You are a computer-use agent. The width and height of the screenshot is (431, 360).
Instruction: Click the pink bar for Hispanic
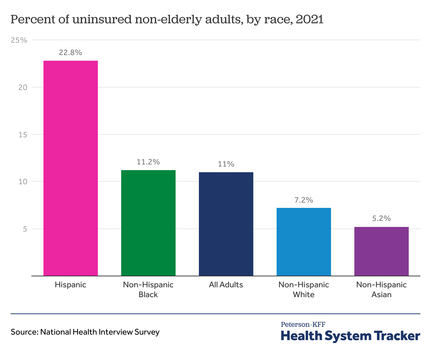pyautogui.click(x=71, y=168)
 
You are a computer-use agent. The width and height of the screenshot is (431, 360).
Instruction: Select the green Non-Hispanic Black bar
pyautogui.click(x=148, y=223)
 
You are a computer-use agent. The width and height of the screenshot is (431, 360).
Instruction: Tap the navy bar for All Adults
pyautogui.click(x=226, y=224)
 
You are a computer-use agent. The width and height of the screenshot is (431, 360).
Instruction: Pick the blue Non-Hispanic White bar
pyautogui.click(x=304, y=242)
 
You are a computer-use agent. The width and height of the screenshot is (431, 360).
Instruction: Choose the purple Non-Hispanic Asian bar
pyautogui.click(x=382, y=251)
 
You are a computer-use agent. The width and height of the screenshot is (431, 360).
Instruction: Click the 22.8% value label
pyautogui.click(x=71, y=53)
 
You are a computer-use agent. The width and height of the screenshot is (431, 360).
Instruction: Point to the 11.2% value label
pyautogui.click(x=148, y=162)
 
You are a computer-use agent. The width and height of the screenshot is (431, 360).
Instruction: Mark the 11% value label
pyautogui.click(x=226, y=164)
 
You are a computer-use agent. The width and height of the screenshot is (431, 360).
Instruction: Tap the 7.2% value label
pyautogui.click(x=304, y=200)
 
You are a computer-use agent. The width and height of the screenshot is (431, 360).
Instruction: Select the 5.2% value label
pyautogui.click(x=382, y=218)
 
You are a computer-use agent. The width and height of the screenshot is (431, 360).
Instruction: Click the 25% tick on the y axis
pyautogui.click(x=19, y=40)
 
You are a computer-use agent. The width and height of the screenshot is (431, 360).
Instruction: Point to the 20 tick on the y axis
pyautogui.click(x=23, y=87)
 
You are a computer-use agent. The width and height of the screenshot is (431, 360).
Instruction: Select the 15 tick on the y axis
pyautogui.click(x=23, y=134)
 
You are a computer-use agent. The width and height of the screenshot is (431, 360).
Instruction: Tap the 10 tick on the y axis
pyautogui.click(x=23, y=182)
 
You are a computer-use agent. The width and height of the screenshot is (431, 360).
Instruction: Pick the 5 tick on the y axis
pyautogui.click(x=25, y=229)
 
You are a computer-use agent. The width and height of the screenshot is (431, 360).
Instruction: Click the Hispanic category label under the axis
pyautogui.click(x=71, y=285)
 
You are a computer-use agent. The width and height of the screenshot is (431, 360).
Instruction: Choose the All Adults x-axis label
pyautogui.click(x=226, y=285)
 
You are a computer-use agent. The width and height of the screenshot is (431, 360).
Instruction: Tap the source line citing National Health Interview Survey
pyautogui.click(x=85, y=332)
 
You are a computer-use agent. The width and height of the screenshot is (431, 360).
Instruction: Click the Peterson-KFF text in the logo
pyautogui.click(x=303, y=324)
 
